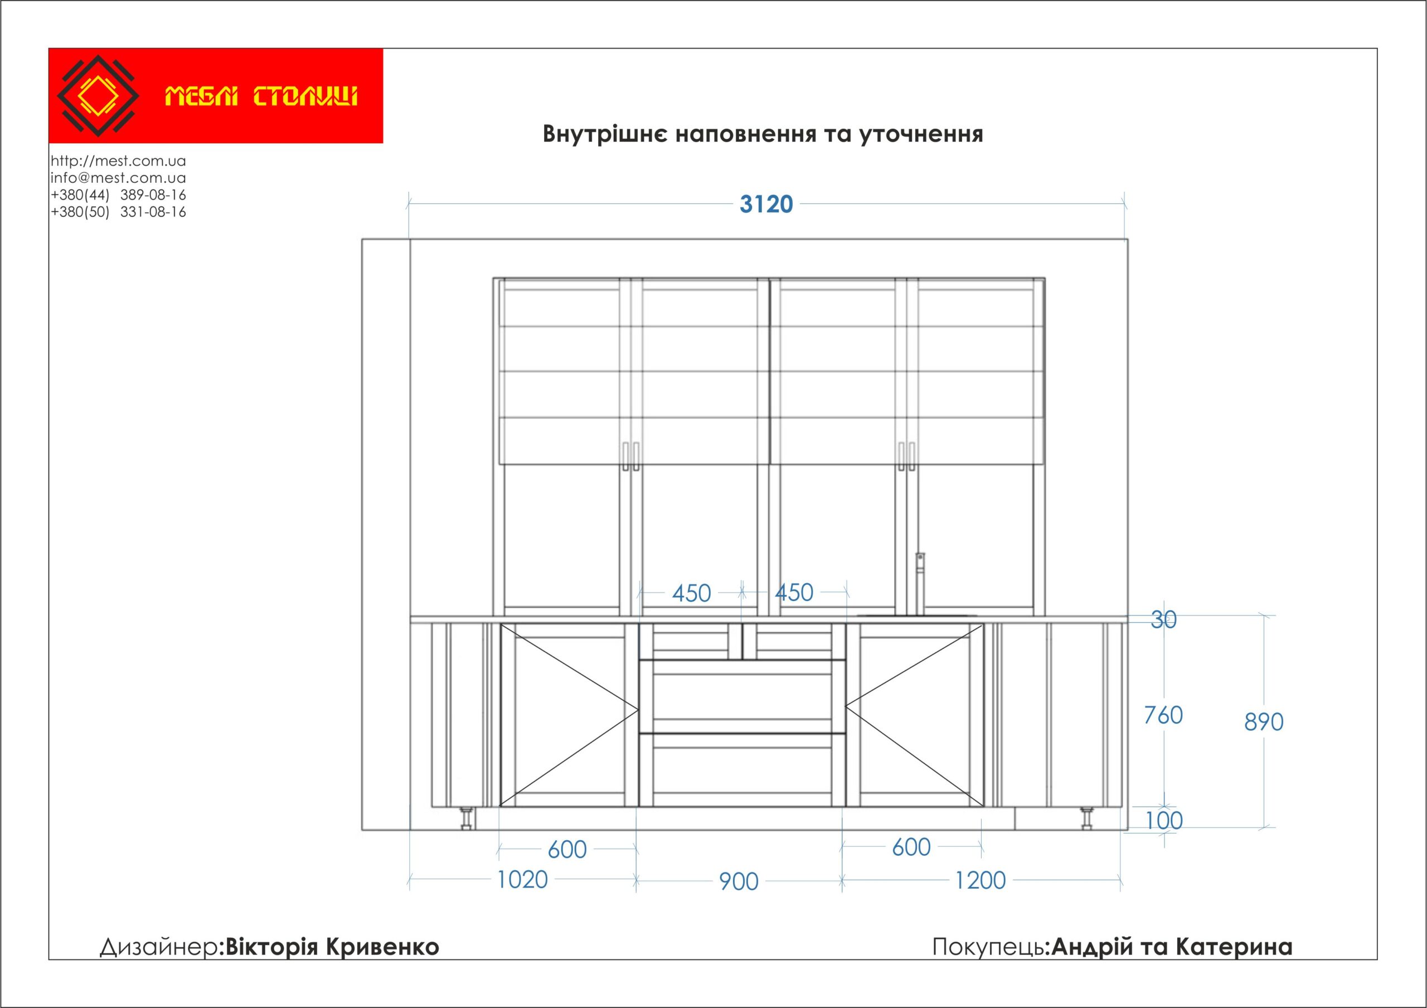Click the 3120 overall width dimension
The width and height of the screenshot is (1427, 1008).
click(766, 204)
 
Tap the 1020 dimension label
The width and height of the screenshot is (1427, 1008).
click(522, 880)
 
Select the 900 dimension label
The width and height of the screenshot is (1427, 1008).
click(739, 882)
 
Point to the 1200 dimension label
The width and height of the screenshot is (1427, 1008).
click(980, 880)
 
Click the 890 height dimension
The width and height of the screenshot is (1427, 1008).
click(1264, 722)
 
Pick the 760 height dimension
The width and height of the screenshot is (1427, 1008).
click(1163, 715)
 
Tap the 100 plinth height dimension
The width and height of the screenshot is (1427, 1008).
click(1164, 821)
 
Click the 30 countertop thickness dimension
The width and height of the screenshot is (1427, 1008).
click(1163, 619)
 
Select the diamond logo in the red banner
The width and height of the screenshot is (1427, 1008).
click(98, 96)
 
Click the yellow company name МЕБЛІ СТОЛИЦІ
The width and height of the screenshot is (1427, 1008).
click(261, 97)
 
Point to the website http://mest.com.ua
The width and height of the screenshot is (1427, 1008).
click(118, 161)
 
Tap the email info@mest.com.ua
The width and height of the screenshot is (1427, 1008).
click(118, 178)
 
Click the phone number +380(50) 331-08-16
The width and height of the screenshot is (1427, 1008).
click(118, 212)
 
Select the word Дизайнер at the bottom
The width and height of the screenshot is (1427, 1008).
click(159, 947)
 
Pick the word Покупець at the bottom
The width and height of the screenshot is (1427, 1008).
click(989, 947)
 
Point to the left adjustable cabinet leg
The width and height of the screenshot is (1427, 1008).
click(465, 818)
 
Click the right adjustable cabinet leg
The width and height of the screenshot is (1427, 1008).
click(1086, 818)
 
